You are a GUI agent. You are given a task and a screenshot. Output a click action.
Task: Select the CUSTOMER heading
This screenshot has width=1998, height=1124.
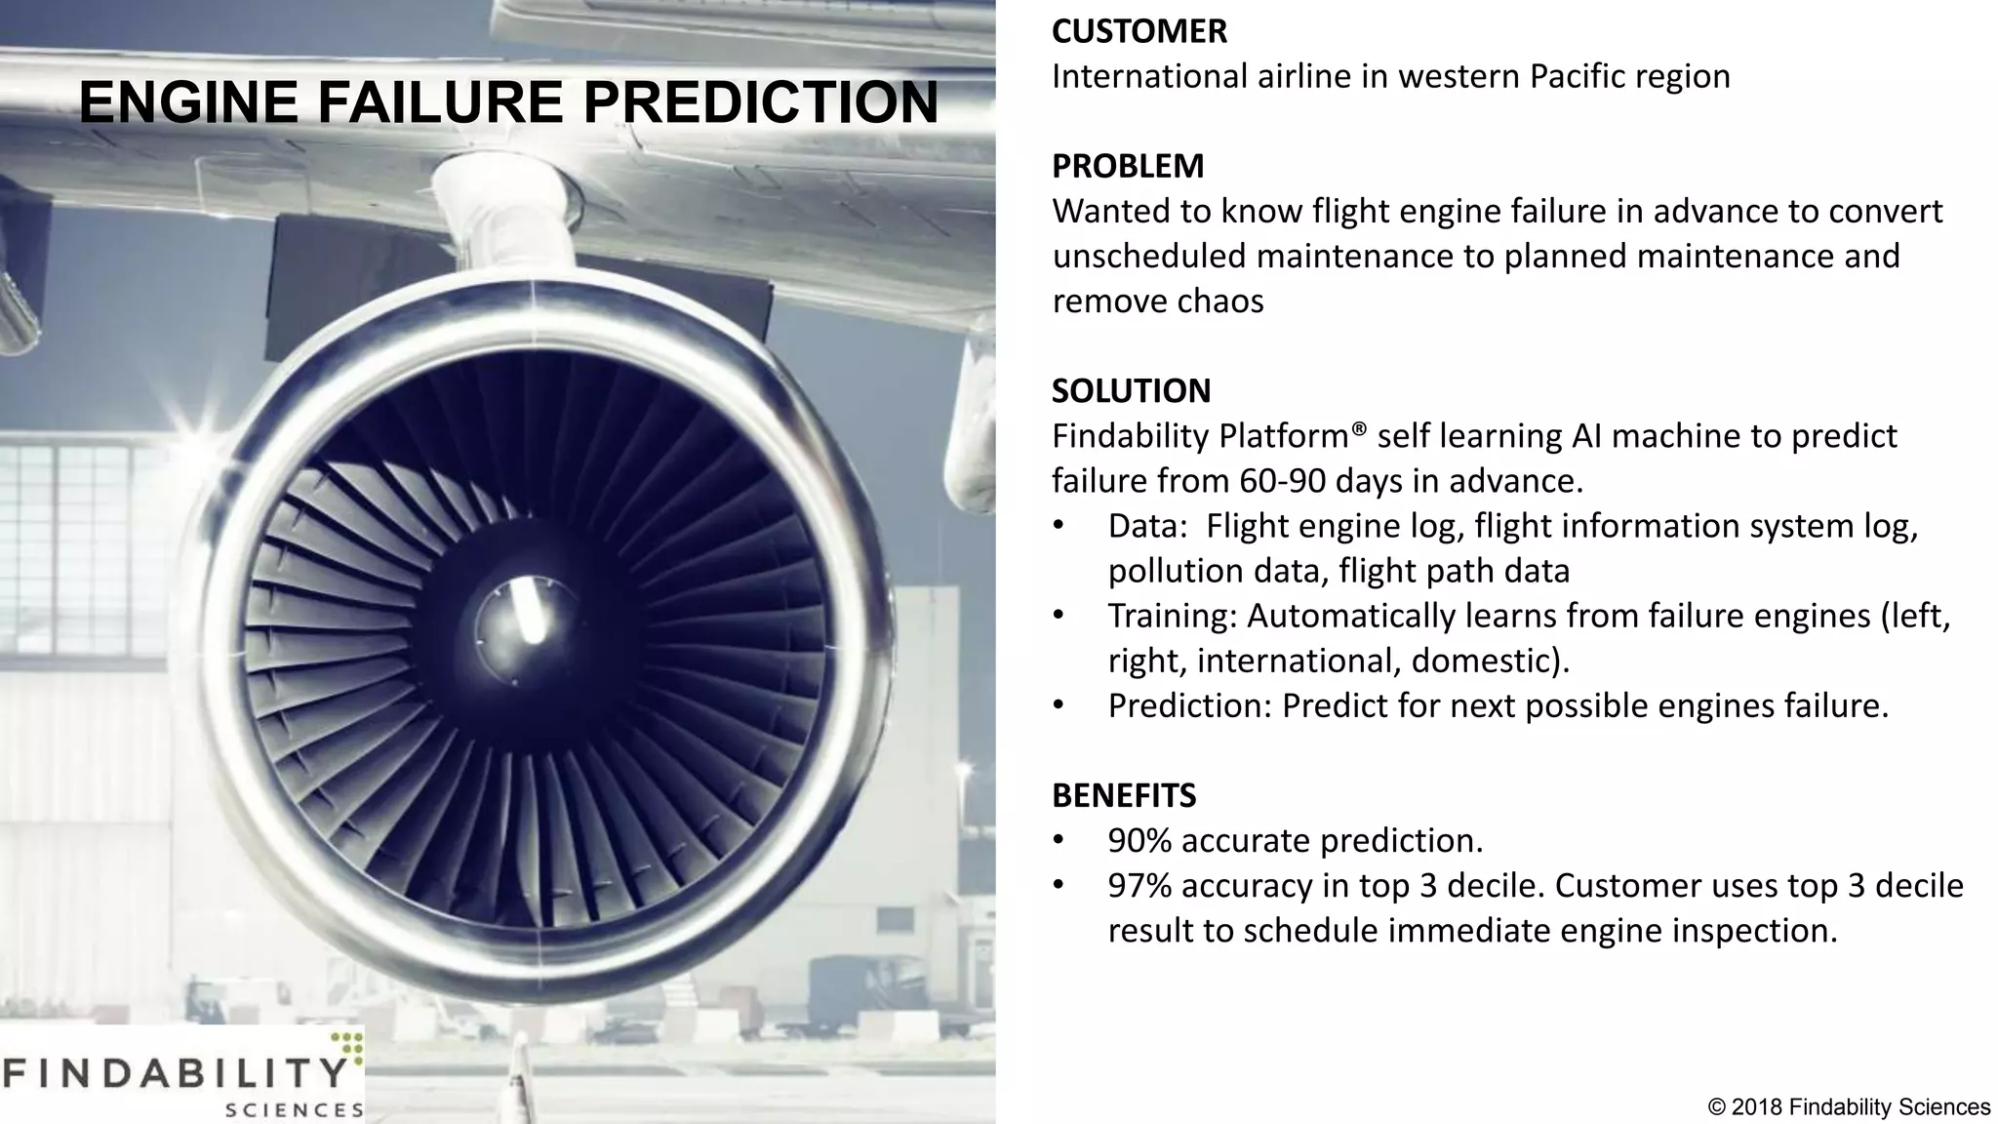click(1139, 31)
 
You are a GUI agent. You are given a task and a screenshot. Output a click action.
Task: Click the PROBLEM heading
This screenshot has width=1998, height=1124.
click(1128, 166)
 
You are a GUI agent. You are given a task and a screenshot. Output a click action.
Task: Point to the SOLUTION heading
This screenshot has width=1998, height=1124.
click(1131, 390)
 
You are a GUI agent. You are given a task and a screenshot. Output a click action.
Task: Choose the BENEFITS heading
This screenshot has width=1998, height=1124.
click(1124, 795)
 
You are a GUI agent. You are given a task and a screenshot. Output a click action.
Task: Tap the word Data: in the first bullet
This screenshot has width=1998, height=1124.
click(1147, 526)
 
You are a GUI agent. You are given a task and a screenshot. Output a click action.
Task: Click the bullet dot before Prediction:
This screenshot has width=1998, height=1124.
click(1059, 706)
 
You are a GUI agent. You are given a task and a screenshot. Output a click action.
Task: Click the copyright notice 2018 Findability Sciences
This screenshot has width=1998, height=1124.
click(1849, 1107)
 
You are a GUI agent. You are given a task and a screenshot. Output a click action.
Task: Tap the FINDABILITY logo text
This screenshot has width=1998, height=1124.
click(176, 1073)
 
